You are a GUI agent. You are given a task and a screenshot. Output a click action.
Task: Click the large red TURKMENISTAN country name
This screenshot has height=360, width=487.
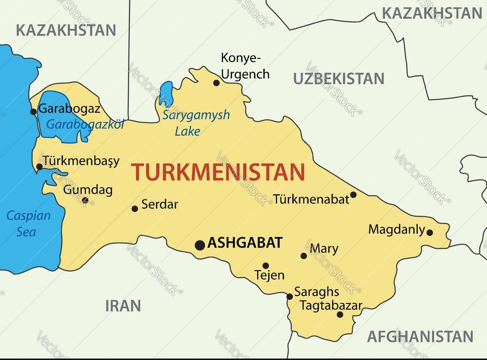[218, 172]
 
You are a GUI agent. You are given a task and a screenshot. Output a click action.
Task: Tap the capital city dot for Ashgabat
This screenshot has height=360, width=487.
[200, 245]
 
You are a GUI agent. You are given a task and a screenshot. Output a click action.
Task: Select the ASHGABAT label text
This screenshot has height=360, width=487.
[245, 243]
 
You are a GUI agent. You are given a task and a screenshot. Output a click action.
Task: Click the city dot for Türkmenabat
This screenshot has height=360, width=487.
[353, 195]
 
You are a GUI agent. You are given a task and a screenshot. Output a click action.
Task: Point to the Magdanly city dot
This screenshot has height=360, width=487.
[429, 232]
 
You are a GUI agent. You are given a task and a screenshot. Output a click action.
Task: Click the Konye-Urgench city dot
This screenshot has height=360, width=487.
[216, 83]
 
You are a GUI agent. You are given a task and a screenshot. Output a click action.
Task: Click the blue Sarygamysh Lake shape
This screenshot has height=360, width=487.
[166, 93]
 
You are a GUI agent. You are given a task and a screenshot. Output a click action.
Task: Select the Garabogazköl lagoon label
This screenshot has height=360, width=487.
[85, 124]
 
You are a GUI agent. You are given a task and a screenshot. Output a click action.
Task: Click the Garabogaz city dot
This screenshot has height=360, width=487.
[33, 112]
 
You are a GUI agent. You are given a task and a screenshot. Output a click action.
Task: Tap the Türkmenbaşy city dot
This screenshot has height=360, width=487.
[39, 167]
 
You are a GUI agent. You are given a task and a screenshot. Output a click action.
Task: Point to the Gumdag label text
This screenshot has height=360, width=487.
[88, 189]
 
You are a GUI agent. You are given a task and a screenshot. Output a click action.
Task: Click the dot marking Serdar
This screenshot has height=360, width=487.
[135, 209]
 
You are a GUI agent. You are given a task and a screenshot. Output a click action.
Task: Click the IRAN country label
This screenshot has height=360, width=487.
[123, 306]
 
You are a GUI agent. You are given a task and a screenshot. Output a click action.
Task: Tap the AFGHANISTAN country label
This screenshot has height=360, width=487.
[420, 337]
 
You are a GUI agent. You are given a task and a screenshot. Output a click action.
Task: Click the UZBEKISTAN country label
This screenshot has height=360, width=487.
[338, 79]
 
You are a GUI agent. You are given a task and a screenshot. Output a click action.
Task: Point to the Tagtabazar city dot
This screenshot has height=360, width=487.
[340, 314]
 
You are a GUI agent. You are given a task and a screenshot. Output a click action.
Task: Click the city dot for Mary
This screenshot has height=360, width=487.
[304, 256]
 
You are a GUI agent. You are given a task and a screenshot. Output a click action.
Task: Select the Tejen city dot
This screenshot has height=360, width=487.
[265, 266]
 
